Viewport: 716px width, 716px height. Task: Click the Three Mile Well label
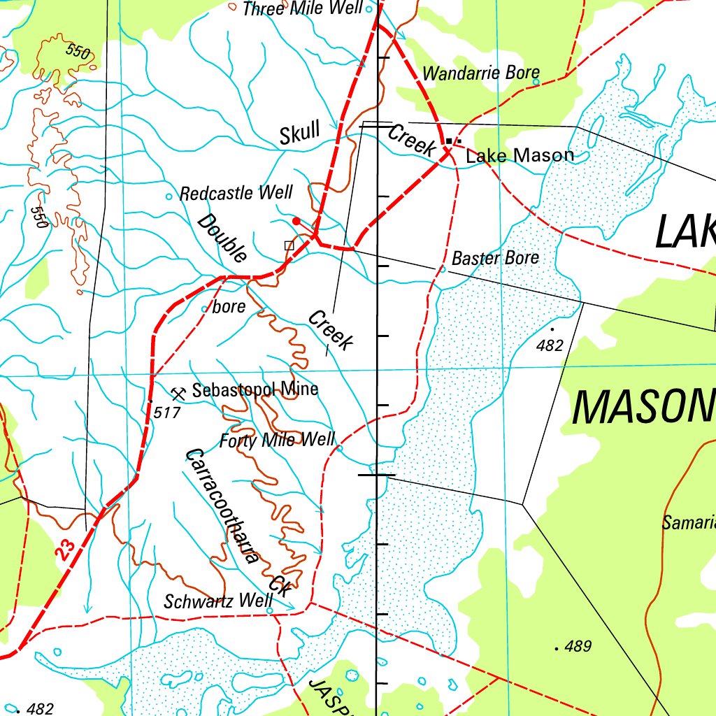point(303,9)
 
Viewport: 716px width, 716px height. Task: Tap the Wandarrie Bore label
point(481,73)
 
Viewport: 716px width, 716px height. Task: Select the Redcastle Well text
point(236,194)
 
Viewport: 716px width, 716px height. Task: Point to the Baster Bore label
point(495,258)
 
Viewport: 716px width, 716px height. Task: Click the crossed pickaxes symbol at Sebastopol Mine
point(178,394)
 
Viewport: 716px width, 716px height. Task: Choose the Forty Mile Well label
point(277,441)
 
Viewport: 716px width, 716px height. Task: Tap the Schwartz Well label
point(217,601)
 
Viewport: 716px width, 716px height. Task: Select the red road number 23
point(64,550)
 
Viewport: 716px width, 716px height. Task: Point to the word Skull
point(300,133)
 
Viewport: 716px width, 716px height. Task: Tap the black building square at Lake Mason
point(449,141)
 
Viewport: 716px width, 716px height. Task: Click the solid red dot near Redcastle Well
point(296,221)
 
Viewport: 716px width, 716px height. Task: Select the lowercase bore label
point(229,307)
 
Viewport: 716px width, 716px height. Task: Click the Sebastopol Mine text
point(255,389)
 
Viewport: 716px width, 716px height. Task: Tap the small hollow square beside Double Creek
point(289,245)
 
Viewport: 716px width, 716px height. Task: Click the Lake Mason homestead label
point(520,155)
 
